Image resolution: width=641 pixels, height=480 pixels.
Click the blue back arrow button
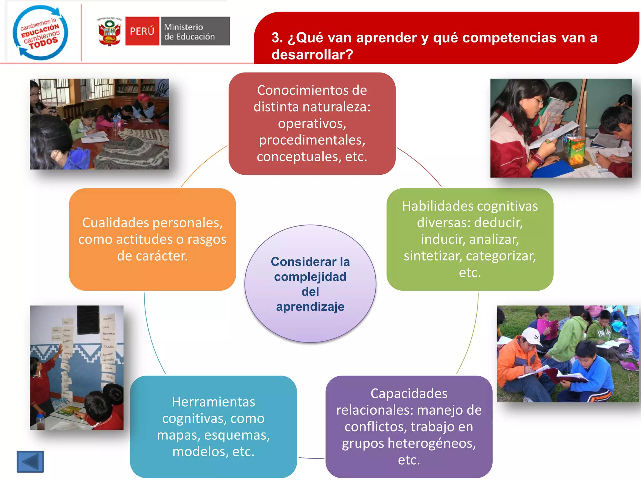[x=30, y=462]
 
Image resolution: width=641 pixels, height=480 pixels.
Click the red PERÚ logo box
[x=142, y=31]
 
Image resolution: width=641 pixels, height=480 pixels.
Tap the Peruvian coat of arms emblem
[x=109, y=32]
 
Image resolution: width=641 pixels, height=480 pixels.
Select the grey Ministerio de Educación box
[x=195, y=31]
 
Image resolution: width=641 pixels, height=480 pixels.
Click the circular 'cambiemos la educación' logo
[x=40, y=32]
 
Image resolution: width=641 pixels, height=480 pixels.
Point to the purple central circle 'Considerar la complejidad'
[x=310, y=283]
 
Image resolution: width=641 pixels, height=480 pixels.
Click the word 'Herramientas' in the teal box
[x=213, y=402]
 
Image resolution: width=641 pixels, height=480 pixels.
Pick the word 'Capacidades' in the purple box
[x=409, y=393]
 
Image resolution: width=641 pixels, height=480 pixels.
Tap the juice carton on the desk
[x=576, y=150]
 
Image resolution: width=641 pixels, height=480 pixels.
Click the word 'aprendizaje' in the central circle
[x=310, y=307]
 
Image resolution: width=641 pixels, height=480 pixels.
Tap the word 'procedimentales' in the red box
[x=312, y=140]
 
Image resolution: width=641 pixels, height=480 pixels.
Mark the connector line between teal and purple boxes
[x=311, y=458]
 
